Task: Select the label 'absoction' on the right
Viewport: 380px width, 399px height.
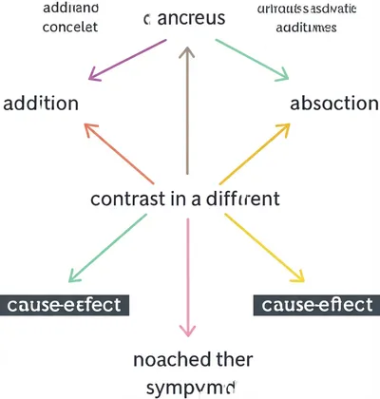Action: tap(333, 102)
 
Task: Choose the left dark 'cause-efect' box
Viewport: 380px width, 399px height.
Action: tap(66, 305)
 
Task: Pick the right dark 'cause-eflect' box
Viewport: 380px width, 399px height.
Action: tap(314, 305)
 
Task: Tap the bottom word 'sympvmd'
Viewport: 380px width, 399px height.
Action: tap(189, 387)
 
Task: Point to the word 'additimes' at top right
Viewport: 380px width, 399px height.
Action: tap(306, 28)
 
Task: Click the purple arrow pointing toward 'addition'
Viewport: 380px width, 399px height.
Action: tap(125, 60)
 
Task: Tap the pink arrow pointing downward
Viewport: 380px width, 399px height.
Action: tap(189, 275)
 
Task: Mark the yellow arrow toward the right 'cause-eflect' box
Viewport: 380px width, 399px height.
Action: tap(266, 249)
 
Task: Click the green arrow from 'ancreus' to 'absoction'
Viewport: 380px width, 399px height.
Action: tap(252, 60)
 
